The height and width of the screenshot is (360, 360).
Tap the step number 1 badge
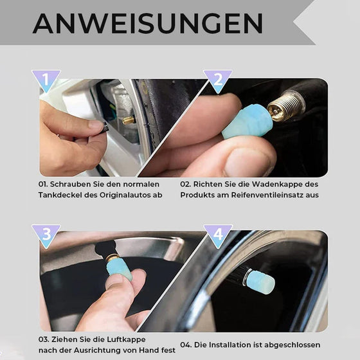[x=46, y=81]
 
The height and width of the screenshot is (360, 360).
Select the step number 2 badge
[x=217, y=81]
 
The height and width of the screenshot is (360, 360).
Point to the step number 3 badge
[x=46, y=235]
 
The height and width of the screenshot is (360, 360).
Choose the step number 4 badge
[x=217, y=235]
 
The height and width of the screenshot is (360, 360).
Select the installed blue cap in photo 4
[x=260, y=282]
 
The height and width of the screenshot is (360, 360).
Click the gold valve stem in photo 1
[x=129, y=120]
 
